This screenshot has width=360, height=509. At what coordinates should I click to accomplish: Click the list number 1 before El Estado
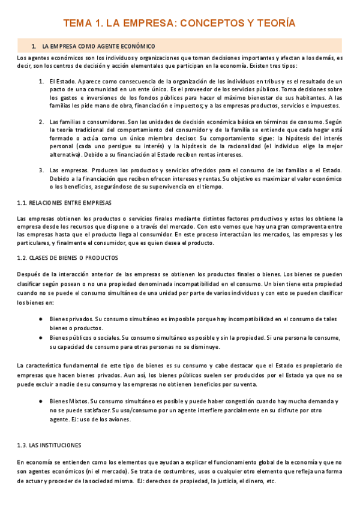pos(41,81)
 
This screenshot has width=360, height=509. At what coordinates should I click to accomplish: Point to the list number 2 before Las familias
pos(41,121)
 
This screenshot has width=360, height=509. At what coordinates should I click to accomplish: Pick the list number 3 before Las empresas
pos(41,170)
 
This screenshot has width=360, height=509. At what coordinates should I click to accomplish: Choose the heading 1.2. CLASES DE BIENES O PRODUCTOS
pos(68,258)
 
